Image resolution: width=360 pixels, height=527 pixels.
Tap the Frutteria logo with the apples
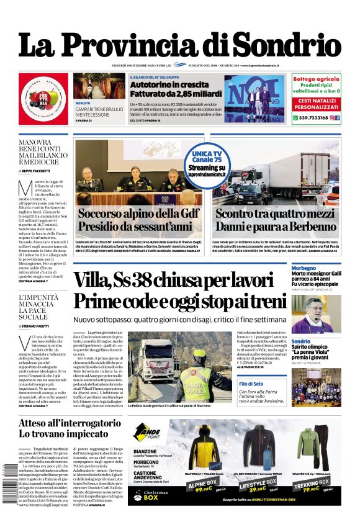(43, 98)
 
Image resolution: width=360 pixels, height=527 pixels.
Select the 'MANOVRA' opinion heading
(34, 142)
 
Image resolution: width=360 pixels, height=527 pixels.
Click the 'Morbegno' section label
(308, 268)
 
